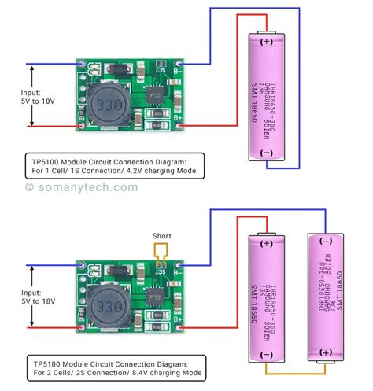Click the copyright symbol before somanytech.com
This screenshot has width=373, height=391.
30,187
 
